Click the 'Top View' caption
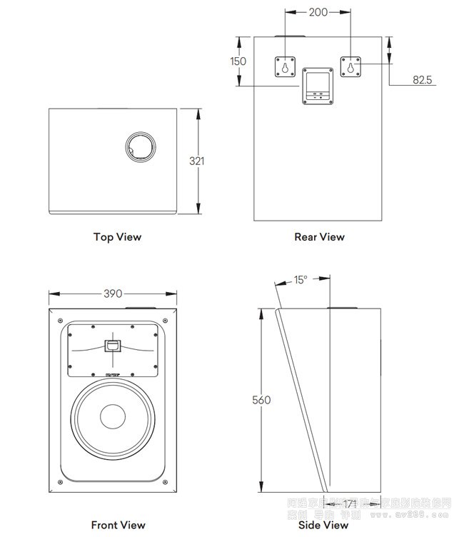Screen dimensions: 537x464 pos(117,237)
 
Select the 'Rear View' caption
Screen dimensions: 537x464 pos(319,237)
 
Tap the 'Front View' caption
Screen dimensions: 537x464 pos(118,525)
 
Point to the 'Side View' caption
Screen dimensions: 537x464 pos(323,525)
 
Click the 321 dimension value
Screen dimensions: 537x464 pos(197,161)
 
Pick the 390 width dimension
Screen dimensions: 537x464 pos(113,293)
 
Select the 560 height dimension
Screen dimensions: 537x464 pos(262,401)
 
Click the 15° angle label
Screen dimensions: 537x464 pos(301,281)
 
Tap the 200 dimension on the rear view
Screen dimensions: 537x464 pos(318,12)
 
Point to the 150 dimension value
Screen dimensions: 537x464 pos(238,61)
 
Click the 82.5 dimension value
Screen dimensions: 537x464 pos(423,80)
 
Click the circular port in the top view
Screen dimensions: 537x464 pos(140,148)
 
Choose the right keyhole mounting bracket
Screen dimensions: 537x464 pos(350,67)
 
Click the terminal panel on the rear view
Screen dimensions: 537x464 pos(318,86)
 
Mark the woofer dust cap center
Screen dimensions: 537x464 pos(113,418)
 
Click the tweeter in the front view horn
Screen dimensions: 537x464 pos(113,347)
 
